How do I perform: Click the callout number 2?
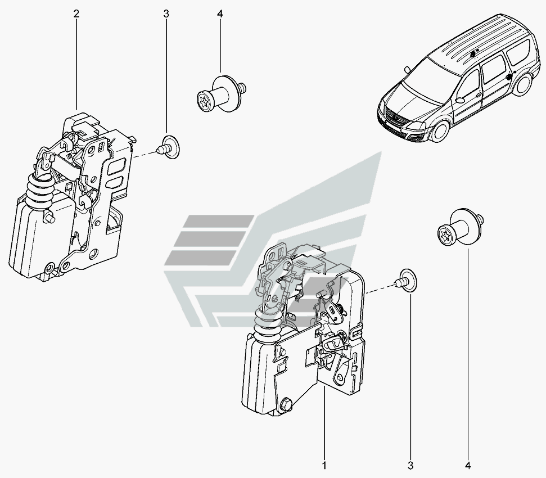click(x=76, y=14)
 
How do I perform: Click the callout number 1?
click(x=324, y=466)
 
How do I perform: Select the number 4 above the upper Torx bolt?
click(x=220, y=14)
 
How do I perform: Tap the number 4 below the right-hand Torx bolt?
click(x=468, y=466)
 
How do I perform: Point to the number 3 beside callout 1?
click(x=410, y=466)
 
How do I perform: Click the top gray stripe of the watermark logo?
click(x=216, y=222)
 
